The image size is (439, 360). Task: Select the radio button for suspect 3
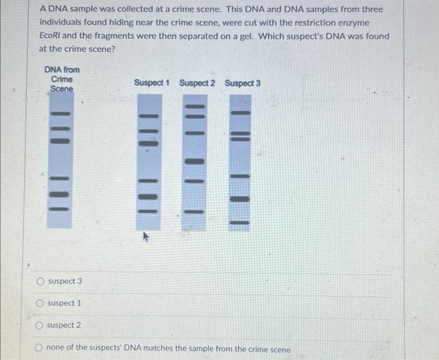(41, 281)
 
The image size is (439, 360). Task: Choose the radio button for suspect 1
(41, 304)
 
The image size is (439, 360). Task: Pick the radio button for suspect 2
(41, 326)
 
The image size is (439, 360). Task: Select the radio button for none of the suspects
(41, 348)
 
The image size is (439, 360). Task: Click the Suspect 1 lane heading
(152, 83)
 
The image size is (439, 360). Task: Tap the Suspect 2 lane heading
(197, 83)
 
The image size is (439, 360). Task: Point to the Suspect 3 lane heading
(242, 83)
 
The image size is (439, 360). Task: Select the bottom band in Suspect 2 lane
(195, 211)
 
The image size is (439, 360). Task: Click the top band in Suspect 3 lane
(240, 113)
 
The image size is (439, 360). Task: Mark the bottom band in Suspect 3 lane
(240, 222)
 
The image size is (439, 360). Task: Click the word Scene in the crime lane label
(61, 89)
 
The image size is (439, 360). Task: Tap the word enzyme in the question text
(368, 23)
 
